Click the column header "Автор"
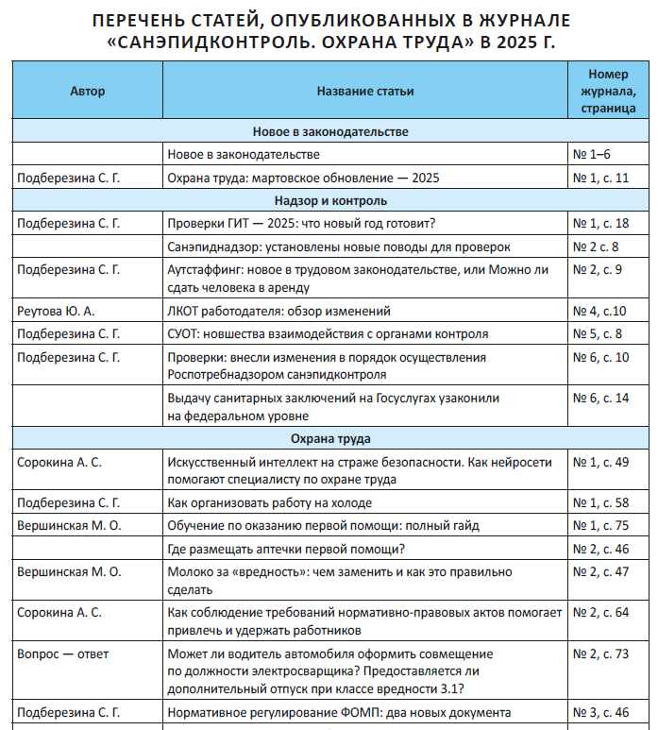[x=87, y=91]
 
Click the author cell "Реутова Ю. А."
[x=57, y=311]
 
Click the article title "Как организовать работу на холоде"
[x=269, y=502]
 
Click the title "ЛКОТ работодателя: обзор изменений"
[x=278, y=311]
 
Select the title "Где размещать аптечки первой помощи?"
[x=286, y=548]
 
